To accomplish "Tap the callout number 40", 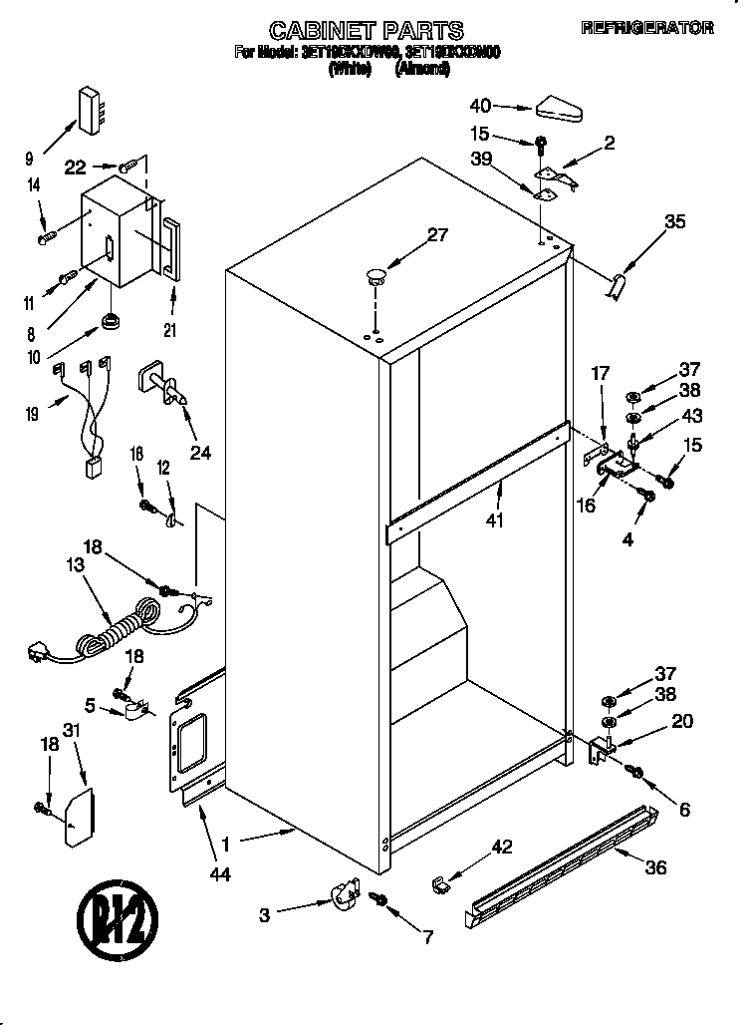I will coord(480,104).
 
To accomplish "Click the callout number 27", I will coord(437,236).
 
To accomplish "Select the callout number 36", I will coord(654,867).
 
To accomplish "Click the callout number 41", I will coord(496,518).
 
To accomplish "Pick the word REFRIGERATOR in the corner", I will coord(647,29).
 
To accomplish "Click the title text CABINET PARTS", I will coord(368,30).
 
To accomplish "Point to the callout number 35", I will coord(674,222).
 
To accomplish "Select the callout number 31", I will coord(71,730).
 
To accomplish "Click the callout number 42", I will coord(502,848).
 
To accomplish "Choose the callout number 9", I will coord(29,157).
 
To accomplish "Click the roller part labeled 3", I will coord(344,890).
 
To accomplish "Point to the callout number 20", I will coord(682,722).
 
